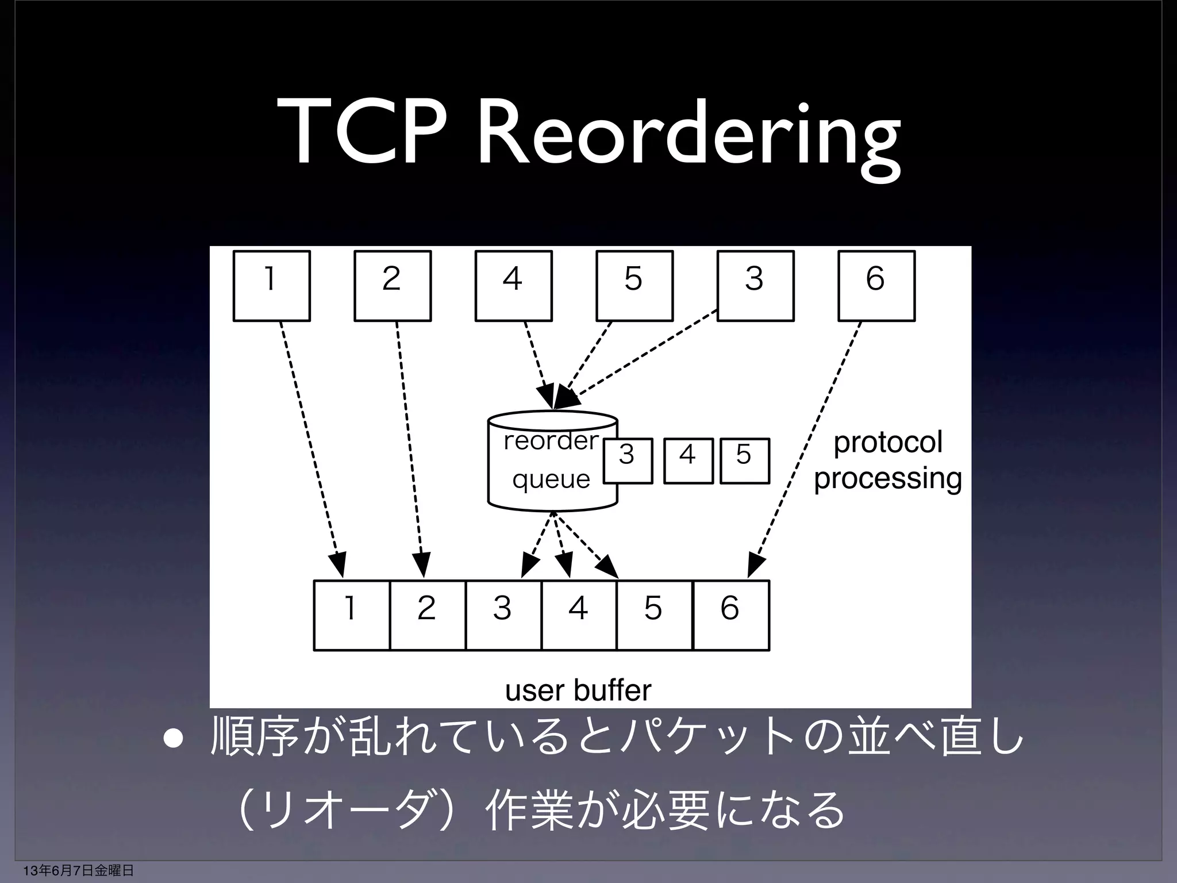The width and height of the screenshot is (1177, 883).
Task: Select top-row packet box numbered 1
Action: click(272, 286)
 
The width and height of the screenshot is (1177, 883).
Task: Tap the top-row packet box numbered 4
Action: click(514, 286)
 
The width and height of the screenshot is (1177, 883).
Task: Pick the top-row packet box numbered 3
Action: click(756, 286)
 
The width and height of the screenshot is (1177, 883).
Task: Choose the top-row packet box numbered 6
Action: click(876, 286)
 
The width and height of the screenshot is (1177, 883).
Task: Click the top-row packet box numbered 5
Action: click(634, 286)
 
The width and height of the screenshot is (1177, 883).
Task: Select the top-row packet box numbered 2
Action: click(393, 286)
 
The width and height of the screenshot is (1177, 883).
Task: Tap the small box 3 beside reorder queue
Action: click(628, 461)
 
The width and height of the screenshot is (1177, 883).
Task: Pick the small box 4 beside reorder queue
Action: click(688, 461)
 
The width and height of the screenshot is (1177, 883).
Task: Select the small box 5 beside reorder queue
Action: click(745, 461)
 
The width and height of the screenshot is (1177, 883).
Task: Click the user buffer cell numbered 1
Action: click(352, 615)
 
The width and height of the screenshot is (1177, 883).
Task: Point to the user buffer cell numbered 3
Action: click(503, 615)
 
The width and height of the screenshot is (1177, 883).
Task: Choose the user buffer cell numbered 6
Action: click(731, 615)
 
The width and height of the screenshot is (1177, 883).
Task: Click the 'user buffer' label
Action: click(578, 690)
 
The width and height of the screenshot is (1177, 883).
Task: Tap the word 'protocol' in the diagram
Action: click(888, 443)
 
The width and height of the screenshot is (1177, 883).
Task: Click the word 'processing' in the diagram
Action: click(888, 478)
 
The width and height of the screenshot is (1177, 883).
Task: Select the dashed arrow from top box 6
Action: click(807, 448)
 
